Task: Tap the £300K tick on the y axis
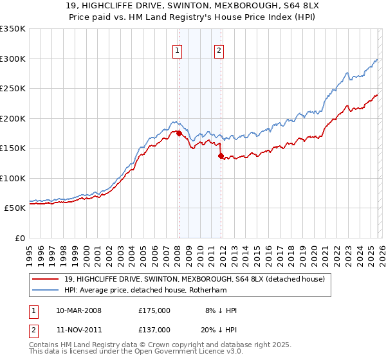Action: (x=13, y=59)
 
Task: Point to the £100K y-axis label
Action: (x=13, y=178)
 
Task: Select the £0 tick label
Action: (x=19, y=238)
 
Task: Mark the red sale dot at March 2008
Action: (x=178, y=133)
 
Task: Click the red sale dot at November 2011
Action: (x=221, y=156)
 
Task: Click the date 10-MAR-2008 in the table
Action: (x=78, y=310)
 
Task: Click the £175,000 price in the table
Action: (x=154, y=310)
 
